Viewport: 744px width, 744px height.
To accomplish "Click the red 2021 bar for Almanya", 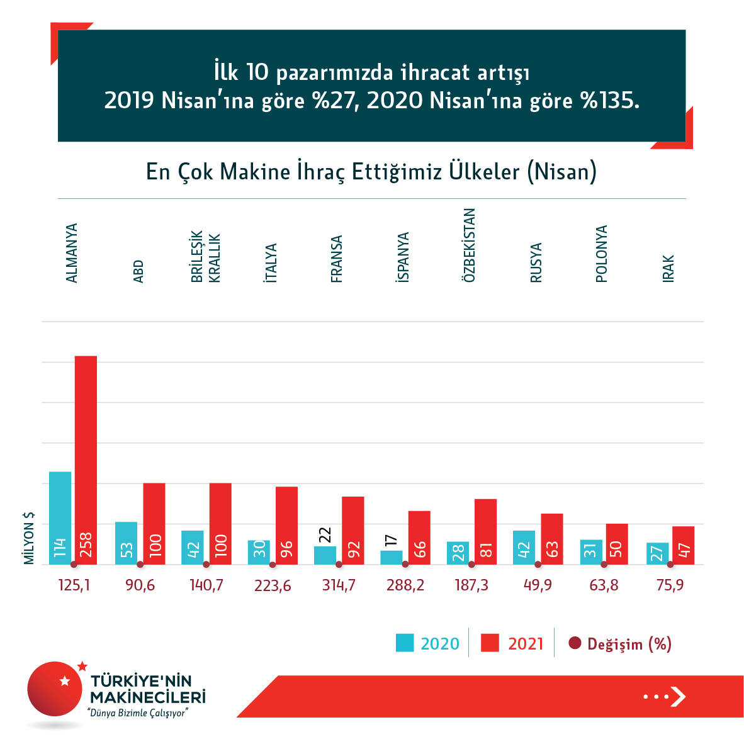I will click(86, 459).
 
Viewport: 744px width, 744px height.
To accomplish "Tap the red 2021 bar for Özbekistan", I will click(485, 531).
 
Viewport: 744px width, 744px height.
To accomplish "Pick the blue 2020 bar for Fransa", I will click(325, 555).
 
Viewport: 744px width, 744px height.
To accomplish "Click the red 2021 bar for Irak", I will click(683, 545).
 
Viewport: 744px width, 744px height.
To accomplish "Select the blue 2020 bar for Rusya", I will click(524, 547).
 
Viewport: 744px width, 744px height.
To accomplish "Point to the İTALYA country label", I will click(271, 262).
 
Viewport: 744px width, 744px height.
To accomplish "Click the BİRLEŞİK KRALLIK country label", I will click(206, 257).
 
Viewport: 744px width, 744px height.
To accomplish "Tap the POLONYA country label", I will click(602, 254).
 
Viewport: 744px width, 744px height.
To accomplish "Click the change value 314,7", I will click(339, 585).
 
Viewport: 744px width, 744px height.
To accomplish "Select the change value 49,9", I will click(538, 585).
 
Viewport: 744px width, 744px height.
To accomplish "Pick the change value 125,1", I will click(74, 585).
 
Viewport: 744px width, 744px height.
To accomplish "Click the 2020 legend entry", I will click(428, 643).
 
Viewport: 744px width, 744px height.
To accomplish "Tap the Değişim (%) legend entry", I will click(620, 643).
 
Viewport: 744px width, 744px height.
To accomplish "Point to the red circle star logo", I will click(56, 689).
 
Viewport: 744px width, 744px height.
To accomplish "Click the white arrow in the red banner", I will click(677, 696).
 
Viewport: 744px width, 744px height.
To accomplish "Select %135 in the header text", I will click(610, 101).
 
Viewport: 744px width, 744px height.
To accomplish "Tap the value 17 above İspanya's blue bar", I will click(391, 540).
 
